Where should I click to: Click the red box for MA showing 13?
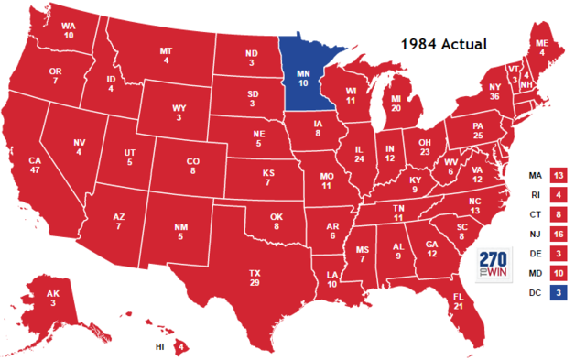(x=558, y=175)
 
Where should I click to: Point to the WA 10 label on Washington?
(x=68, y=30)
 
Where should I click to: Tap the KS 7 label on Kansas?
(x=266, y=178)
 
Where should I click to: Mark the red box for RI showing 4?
(x=558, y=195)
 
